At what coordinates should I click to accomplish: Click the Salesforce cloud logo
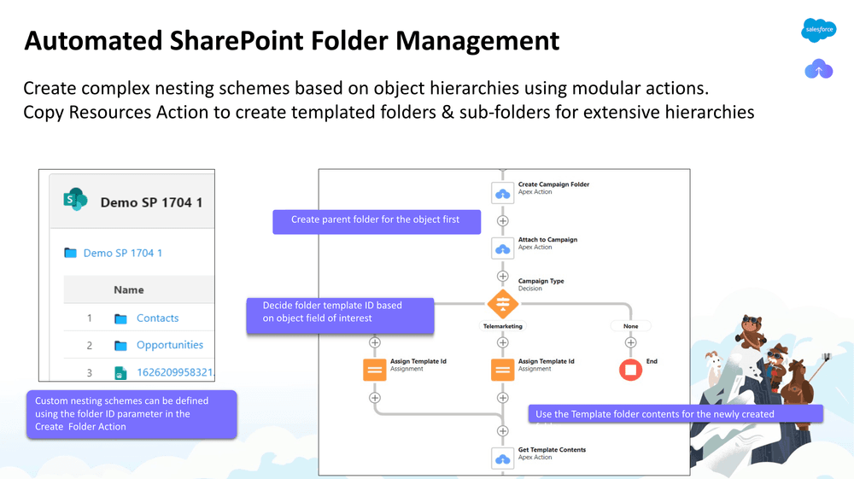818,30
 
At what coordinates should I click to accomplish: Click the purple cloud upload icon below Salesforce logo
818,70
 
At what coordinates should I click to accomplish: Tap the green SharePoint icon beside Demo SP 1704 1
75,201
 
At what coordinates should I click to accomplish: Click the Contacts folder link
157,318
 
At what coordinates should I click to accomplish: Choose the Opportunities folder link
170,345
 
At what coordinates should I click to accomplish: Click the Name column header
129,290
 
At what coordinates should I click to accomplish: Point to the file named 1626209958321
175,373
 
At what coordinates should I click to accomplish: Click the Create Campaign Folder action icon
502,192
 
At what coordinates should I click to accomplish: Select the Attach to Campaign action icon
502,248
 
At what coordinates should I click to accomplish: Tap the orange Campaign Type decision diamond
502,303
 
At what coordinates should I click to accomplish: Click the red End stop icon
630,370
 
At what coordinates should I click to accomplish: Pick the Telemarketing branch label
502,326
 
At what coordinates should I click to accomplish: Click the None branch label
630,326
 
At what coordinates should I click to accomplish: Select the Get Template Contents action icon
502,458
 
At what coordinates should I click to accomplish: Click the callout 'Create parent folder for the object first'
376,220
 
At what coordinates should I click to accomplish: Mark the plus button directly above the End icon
630,342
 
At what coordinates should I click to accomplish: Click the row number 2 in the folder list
89,346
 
